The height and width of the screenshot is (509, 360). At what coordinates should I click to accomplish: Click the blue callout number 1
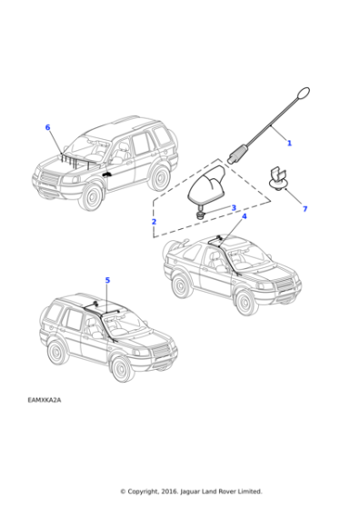point(289,144)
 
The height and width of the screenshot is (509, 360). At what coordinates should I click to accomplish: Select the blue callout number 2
point(154,222)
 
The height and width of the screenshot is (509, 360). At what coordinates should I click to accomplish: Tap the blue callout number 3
point(234,208)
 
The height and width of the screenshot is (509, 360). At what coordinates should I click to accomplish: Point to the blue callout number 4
point(244,216)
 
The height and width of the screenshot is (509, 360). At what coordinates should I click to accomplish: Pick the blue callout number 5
point(107,280)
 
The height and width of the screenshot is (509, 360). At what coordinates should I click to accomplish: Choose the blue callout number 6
point(47,128)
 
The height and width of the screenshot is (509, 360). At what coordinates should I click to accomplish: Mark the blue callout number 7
point(305,209)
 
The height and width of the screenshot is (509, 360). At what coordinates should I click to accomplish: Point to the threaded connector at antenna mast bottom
point(239,154)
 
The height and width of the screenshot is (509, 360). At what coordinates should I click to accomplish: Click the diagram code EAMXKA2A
point(45,399)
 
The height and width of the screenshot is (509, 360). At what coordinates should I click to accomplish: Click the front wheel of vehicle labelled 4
point(246,300)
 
